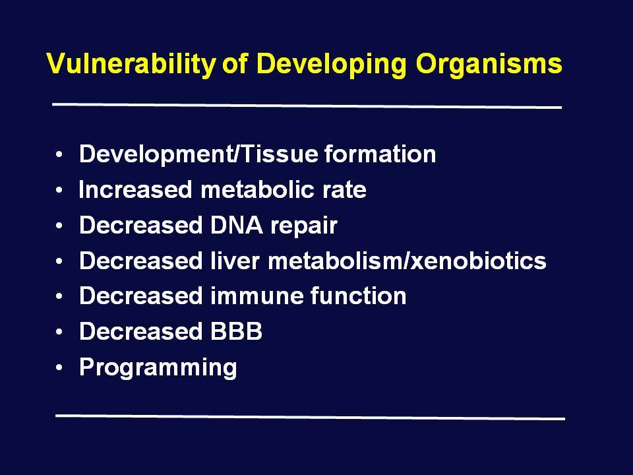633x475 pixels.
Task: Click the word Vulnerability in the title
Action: (x=131, y=64)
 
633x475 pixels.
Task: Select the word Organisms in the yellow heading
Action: (x=489, y=64)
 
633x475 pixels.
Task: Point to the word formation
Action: (x=380, y=154)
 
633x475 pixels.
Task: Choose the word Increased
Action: (x=135, y=189)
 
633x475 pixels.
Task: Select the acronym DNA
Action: (x=236, y=225)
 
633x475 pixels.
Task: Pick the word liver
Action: (x=235, y=261)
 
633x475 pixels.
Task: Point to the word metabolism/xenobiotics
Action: (x=407, y=261)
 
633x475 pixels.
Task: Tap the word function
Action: (x=359, y=296)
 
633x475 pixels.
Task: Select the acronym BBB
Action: (x=237, y=332)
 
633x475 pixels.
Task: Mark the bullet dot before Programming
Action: (x=59, y=367)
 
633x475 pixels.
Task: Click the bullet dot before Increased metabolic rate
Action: (x=59, y=190)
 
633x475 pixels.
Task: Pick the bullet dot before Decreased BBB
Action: (x=59, y=332)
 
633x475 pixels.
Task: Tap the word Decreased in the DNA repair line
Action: (x=140, y=225)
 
